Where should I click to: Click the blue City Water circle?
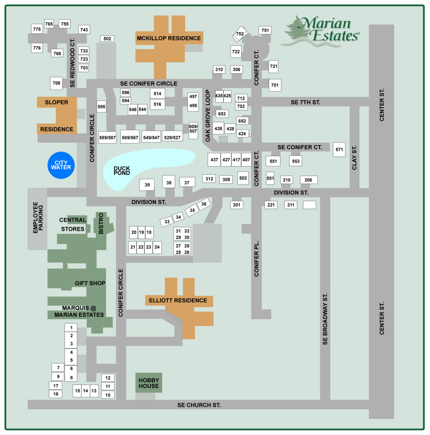61,165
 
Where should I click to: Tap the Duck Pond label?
122,171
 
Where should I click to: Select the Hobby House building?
149,383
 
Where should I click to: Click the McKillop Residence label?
169,38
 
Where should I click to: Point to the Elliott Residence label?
178,300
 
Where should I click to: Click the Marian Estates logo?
321,31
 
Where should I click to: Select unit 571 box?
339,150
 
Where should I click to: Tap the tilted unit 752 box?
240,34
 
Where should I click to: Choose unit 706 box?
56,83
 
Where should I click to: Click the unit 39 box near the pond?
147,185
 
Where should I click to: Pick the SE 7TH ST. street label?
305,102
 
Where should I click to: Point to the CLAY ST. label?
354,158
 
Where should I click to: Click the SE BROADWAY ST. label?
325,319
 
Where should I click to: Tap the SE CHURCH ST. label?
199,405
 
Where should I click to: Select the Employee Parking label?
38,218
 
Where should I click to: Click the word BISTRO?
101,223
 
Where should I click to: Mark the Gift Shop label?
90,283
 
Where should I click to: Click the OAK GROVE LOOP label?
208,115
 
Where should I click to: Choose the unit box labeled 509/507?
193,129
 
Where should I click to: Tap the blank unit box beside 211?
309,205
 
